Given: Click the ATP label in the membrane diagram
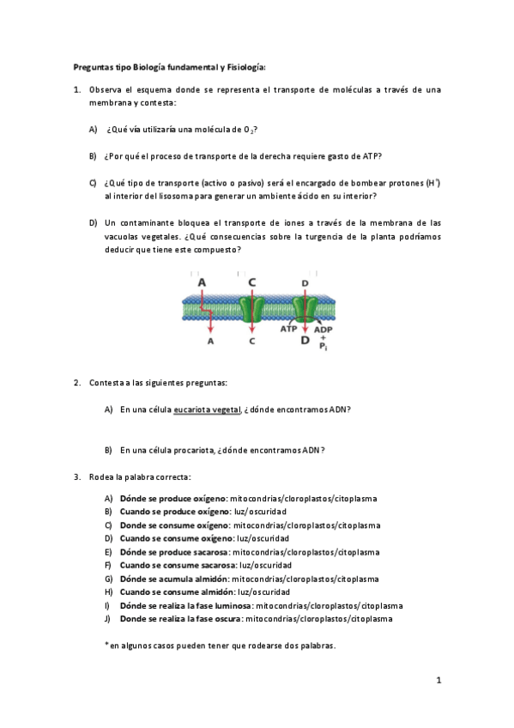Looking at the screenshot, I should pos(289,329).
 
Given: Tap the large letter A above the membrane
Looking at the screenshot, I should pos(202,282).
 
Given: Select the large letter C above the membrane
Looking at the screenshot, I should pos(251,282).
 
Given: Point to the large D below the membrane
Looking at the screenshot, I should pos(305,341).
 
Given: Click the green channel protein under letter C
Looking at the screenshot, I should pos(251,309).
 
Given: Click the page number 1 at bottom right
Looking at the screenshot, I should pos(438,681).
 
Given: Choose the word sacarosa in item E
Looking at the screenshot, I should pos(211,552).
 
